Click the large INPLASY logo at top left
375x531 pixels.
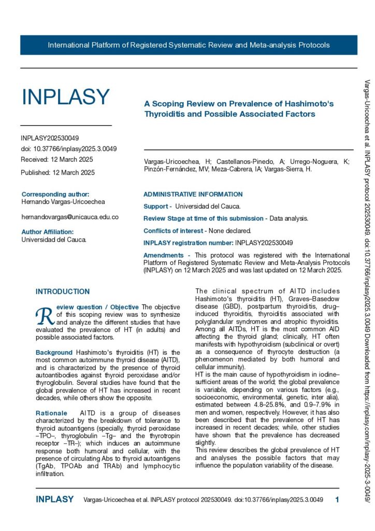coord(65,97)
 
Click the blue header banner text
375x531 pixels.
coord(189,45)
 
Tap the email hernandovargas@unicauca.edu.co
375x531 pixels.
coord(70,217)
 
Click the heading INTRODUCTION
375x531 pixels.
coord(63,291)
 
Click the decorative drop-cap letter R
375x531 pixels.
coord(45,315)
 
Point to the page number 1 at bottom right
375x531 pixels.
coord(337,500)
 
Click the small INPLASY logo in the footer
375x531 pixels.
coord(54,500)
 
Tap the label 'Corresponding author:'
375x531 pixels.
coord(55,194)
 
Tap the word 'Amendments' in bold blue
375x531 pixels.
coord(163,255)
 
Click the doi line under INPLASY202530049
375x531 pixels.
coord(68,149)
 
